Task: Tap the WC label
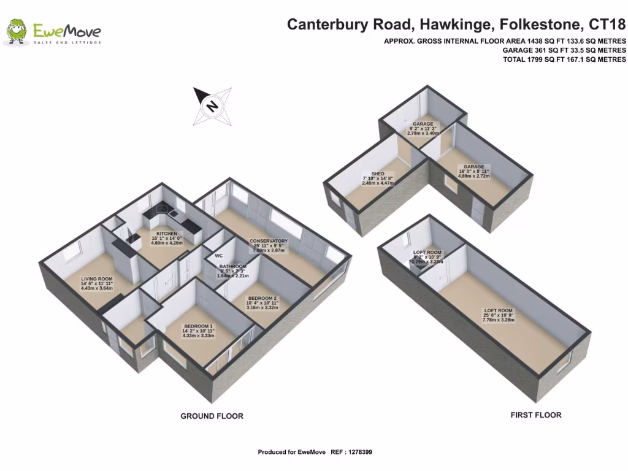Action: coord(218,256)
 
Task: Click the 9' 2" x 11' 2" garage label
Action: coord(423,128)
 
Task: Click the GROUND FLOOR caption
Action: coord(212,416)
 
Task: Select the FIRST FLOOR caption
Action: coord(535,415)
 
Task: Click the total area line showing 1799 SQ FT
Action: coord(564,59)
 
